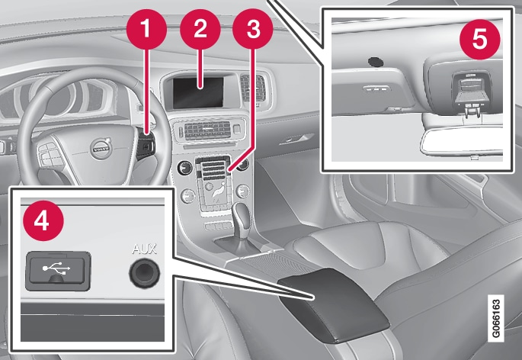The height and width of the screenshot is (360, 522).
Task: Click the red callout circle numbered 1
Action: pyautogui.click(x=146, y=29)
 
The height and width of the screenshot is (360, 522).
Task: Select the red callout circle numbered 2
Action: pyautogui.click(x=200, y=29)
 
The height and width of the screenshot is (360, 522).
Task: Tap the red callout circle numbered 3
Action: pyautogui.click(x=253, y=29)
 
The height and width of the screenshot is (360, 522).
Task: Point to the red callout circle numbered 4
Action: pyautogui.click(x=43, y=220)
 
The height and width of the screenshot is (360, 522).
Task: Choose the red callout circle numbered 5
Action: pyautogui.click(x=480, y=39)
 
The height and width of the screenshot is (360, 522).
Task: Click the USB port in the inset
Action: pyautogui.click(x=58, y=271)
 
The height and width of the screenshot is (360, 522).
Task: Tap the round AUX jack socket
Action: pyautogui.click(x=145, y=273)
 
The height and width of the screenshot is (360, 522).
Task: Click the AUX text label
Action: pyautogui.click(x=145, y=249)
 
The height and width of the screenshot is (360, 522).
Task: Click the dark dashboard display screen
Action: pyautogui.click(x=198, y=93)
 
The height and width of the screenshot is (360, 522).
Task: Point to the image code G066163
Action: pyautogui.click(x=495, y=318)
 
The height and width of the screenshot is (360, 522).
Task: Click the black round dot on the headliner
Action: pyautogui.click(x=376, y=62)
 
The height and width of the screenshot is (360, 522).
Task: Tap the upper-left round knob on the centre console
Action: pyautogui.click(x=185, y=168)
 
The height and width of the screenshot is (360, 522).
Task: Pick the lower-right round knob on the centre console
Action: pyautogui.click(x=242, y=191)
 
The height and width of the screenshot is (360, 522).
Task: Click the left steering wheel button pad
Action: pyautogui.click(x=50, y=154)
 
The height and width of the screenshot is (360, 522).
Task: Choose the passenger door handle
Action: pyautogui.click(x=296, y=140)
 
